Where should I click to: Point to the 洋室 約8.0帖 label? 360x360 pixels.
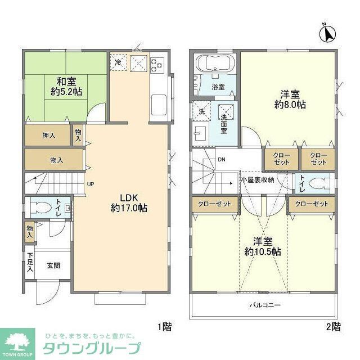pos(290,99)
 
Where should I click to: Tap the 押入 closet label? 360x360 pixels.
pos(48,135)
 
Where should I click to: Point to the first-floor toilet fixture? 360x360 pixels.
pos(40,208)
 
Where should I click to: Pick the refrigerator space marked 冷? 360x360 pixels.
pos(119,62)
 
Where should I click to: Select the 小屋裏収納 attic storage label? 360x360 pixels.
pos(257,179)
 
